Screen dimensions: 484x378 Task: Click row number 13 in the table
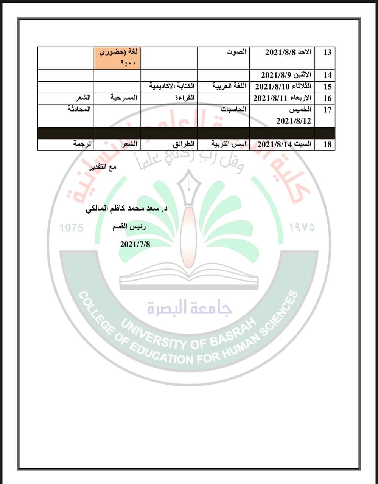(327, 52)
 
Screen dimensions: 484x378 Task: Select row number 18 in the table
(327, 144)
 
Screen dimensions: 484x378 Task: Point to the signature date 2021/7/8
(135, 244)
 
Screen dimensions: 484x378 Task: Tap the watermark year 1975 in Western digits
(72, 228)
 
